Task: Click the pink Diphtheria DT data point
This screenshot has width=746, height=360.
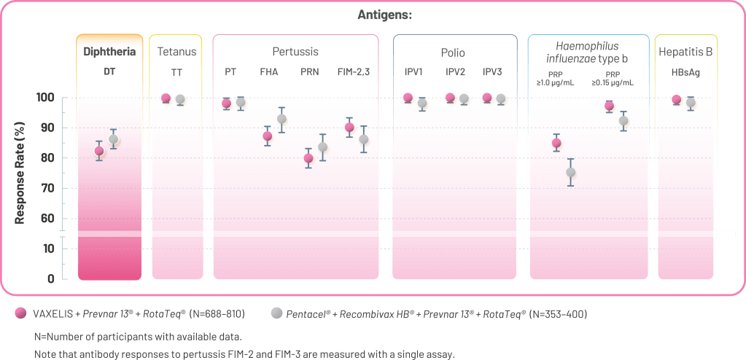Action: (99, 151)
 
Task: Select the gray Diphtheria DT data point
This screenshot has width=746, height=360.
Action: (113, 139)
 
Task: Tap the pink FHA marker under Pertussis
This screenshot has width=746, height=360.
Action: (268, 136)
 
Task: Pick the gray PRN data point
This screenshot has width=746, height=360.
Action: (323, 148)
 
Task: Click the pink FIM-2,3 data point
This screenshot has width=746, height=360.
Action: (349, 128)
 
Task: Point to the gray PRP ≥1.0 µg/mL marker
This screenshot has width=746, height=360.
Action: (571, 173)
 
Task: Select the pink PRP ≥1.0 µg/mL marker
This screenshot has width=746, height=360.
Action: (556, 143)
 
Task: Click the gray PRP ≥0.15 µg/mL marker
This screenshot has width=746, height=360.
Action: (623, 122)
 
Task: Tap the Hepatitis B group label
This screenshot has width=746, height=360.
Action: (685, 52)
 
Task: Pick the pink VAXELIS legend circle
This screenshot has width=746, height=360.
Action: (20, 314)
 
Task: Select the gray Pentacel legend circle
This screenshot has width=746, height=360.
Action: (276, 314)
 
